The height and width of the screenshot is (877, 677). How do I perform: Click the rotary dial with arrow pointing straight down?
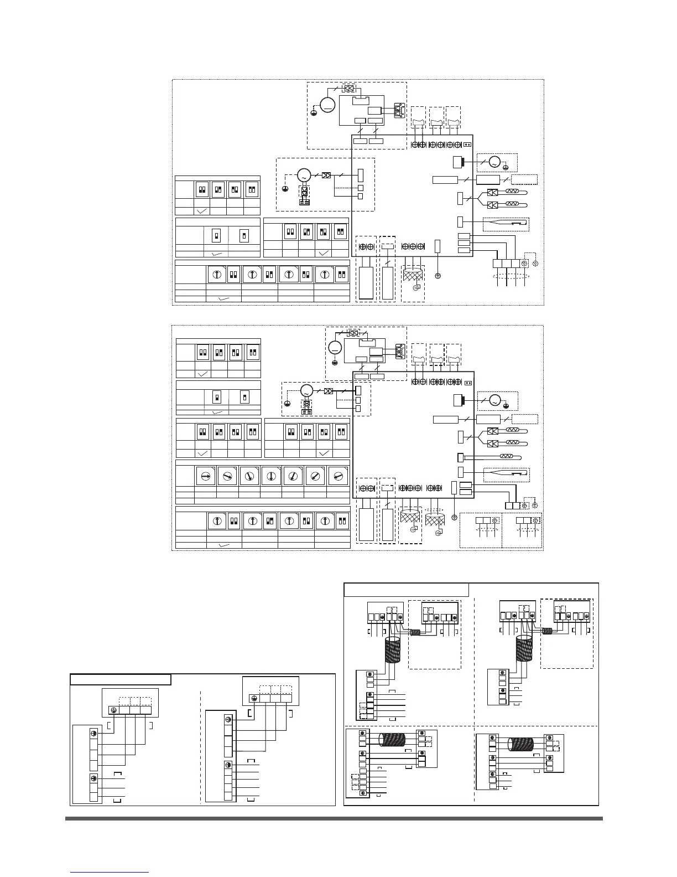click(x=270, y=476)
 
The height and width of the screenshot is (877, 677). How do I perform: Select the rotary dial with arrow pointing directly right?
click(x=205, y=476)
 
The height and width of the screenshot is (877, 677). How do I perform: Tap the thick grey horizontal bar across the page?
click(x=334, y=818)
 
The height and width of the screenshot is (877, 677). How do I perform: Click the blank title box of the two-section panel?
click(x=120, y=679)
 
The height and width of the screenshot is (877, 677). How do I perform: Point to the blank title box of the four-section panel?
click(x=407, y=590)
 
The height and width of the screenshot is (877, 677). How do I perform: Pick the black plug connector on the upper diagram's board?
click(x=457, y=163)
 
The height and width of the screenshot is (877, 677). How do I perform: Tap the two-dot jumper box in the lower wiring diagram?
click(x=468, y=381)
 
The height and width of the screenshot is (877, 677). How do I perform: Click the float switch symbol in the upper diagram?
click(x=506, y=224)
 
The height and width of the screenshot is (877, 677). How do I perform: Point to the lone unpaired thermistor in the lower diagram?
click(x=506, y=457)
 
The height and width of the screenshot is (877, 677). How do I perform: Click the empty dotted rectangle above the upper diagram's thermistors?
click(x=524, y=179)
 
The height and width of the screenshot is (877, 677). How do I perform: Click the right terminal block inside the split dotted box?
click(x=523, y=520)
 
